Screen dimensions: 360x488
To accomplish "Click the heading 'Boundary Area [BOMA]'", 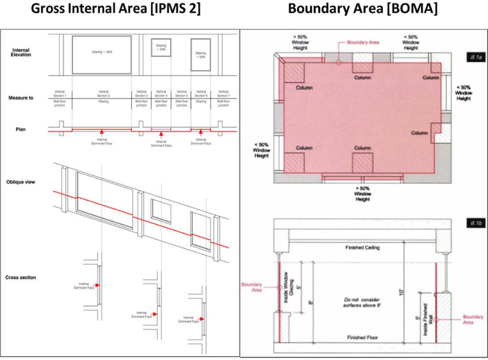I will pyautogui.click(x=363, y=9).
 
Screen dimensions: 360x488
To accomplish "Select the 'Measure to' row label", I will pyautogui.click(x=21, y=98).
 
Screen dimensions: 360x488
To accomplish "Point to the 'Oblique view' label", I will pyautogui.click(x=21, y=182).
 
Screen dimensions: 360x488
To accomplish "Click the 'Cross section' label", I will pyautogui.click(x=20, y=278).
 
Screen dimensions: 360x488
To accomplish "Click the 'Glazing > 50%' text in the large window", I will pyautogui.click(x=102, y=52).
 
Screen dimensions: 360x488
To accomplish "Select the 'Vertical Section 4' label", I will pyautogui.click(x=161, y=94).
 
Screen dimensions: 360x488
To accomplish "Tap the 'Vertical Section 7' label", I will pyautogui.click(x=223, y=94).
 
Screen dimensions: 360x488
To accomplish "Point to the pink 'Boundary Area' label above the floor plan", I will pyautogui.click(x=363, y=42).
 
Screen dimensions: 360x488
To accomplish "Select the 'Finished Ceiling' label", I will pyautogui.click(x=362, y=248).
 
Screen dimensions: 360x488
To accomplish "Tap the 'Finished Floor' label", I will pyautogui.click(x=362, y=338).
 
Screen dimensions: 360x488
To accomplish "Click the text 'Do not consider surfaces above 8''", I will pyautogui.click(x=363, y=303).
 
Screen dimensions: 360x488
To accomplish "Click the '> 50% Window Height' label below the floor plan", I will pyautogui.click(x=362, y=193).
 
